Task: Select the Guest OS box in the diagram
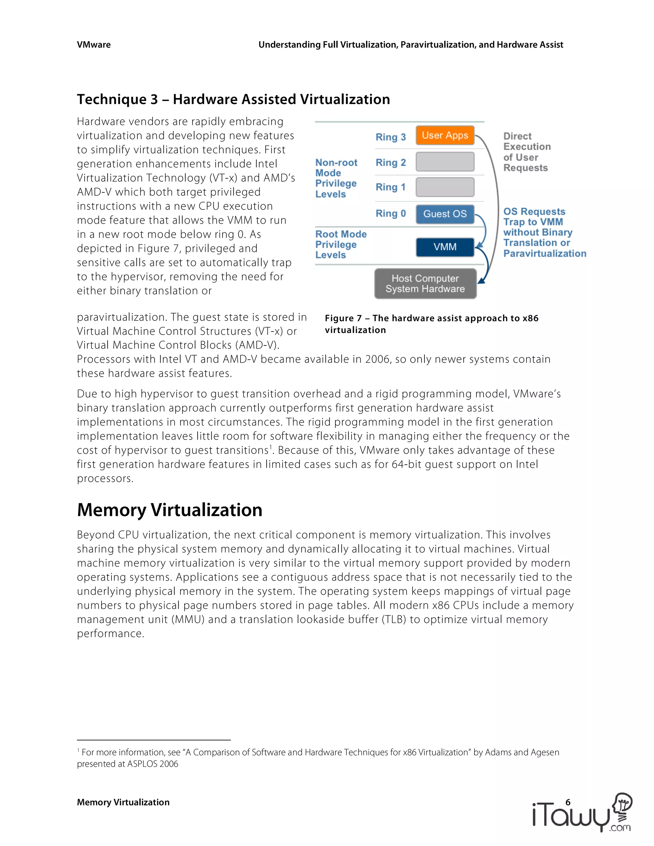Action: [445, 214]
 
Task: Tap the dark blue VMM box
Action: [445, 247]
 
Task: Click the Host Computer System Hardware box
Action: [425, 283]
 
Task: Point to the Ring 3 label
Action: [391, 137]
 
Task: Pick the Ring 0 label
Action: [391, 214]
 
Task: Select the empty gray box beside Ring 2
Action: [445, 162]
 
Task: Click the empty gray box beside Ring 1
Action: [445, 187]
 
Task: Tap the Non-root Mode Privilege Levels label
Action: [336, 178]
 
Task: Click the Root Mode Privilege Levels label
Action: [340, 245]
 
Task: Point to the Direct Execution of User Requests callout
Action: [527, 152]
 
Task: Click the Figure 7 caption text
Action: [431, 324]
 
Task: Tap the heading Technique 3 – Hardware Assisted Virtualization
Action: [233, 100]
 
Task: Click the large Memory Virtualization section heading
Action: [170, 510]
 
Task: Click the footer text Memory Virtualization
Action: [123, 802]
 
